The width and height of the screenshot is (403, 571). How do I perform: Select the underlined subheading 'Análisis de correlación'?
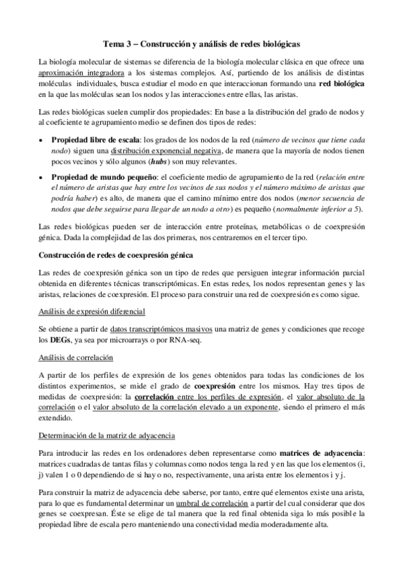tap(75, 358)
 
